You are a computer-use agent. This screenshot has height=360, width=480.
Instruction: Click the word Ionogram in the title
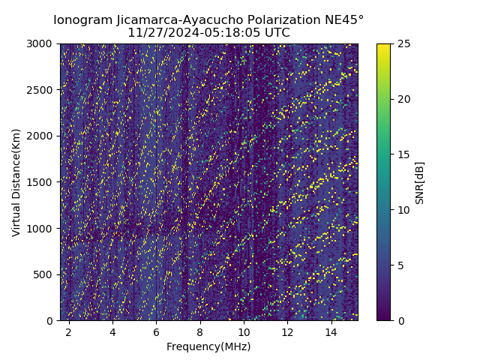[83, 19]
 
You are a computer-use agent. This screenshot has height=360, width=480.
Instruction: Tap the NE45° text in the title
[346, 19]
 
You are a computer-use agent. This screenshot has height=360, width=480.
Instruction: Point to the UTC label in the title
[275, 33]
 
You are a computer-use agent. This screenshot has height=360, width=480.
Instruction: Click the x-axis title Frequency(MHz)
[208, 346]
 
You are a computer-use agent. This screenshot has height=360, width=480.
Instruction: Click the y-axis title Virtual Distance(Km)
[16, 182]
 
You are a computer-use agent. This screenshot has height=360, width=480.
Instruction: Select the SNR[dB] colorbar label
[419, 182]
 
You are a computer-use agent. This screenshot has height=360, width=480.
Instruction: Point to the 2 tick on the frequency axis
[69, 331]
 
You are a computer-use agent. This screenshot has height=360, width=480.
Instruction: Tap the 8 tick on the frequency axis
[200, 331]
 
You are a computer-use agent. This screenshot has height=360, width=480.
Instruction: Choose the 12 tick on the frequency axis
[288, 331]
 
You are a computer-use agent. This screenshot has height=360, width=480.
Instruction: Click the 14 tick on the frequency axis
[331, 331]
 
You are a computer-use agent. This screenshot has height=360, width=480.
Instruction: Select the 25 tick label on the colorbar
[403, 43]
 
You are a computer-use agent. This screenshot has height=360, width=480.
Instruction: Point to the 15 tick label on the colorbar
[403, 154]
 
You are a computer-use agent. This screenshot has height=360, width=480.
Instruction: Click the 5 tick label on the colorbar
[400, 265]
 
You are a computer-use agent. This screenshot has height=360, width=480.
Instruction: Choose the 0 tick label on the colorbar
[400, 320]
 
